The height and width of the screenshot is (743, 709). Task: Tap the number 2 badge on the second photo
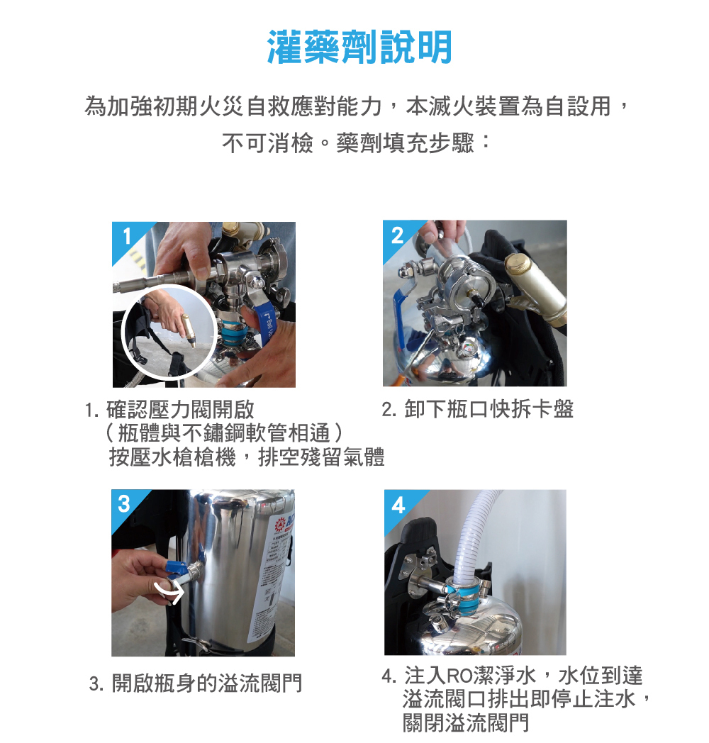pyautogui.click(x=397, y=235)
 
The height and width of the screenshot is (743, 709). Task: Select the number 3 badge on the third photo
pyautogui.click(x=125, y=504)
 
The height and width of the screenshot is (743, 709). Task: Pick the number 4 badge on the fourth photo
pyautogui.click(x=398, y=505)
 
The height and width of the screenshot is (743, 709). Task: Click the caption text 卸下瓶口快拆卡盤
pyautogui.click(x=489, y=409)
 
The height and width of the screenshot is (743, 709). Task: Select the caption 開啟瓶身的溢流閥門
pyautogui.click(x=206, y=683)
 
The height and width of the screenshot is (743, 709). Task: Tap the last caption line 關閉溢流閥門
pyautogui.click(x=465, y=723)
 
